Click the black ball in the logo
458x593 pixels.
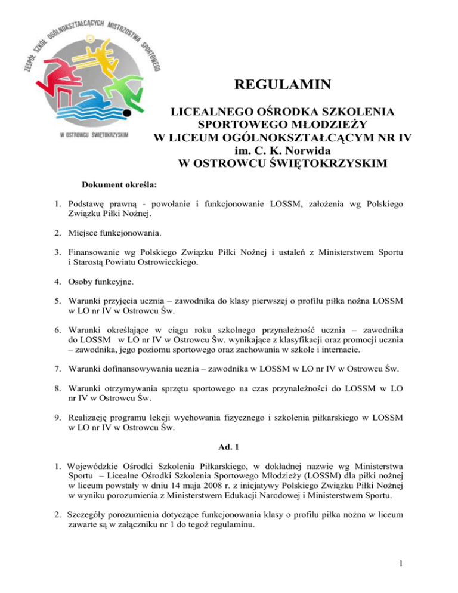point(126,112)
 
